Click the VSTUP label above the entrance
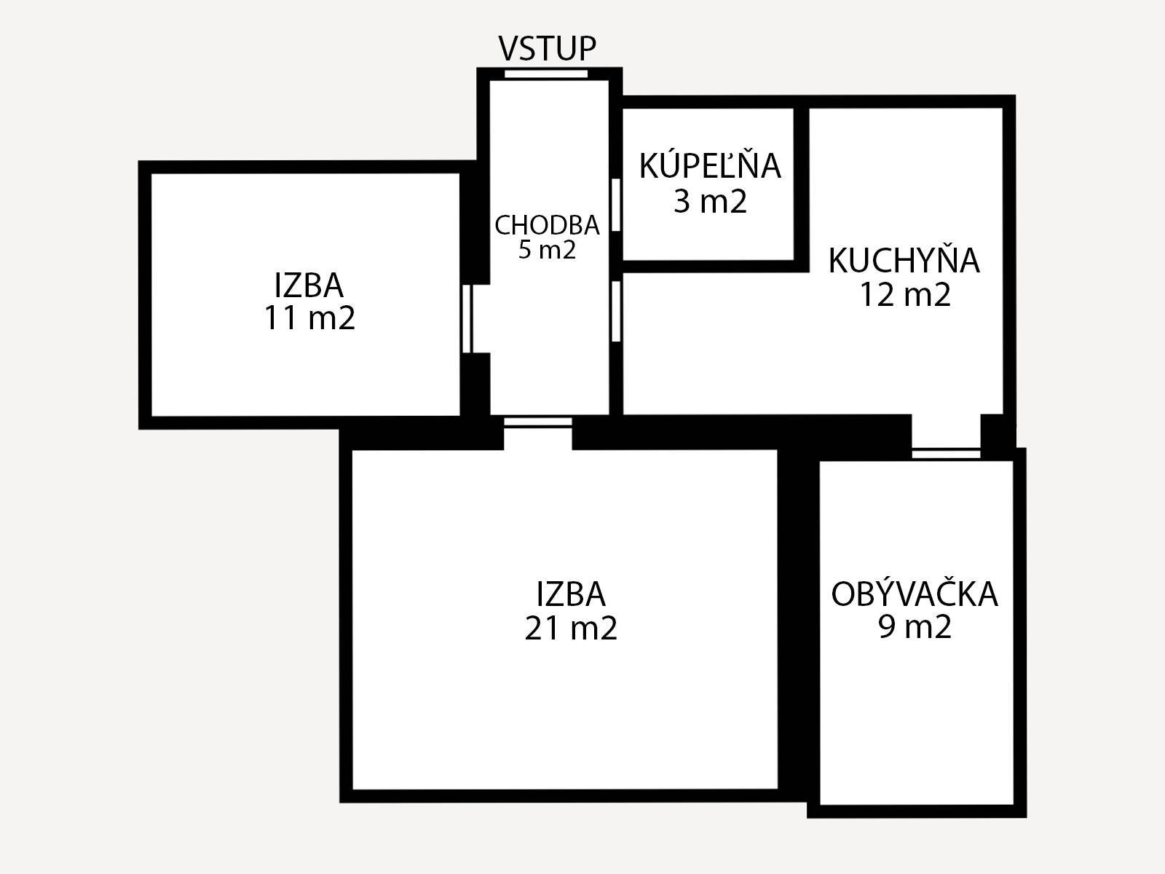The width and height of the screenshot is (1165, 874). coord(547,49)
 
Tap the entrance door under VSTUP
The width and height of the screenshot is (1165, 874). coord(546,73)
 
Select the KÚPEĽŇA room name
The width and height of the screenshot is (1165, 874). coord(710,166)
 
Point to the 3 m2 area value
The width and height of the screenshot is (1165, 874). coord(710,201)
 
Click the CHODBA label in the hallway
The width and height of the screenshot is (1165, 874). coord(547,226)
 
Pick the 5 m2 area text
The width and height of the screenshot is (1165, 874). coord(547,251)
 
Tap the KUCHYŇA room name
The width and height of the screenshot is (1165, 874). coord(904,261)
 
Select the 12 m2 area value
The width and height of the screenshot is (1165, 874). coord(905,295)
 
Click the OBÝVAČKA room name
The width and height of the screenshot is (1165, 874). coord(915,594)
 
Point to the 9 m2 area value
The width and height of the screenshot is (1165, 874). coord(915,626)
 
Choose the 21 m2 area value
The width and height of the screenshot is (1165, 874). coord(571,628)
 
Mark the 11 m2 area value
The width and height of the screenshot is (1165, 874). coord(309,318)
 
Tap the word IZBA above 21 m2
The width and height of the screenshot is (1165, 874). coord(571,594)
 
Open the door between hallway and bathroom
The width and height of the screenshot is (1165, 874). coord(615,205)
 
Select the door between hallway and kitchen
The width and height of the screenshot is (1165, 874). coord(616,311)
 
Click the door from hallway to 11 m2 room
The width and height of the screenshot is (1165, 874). coord(468,318)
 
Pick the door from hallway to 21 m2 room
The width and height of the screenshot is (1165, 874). coord(538,422)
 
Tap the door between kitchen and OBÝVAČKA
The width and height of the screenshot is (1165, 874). coord(946,453)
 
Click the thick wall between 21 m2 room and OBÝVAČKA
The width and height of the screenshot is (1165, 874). coord(797,619)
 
